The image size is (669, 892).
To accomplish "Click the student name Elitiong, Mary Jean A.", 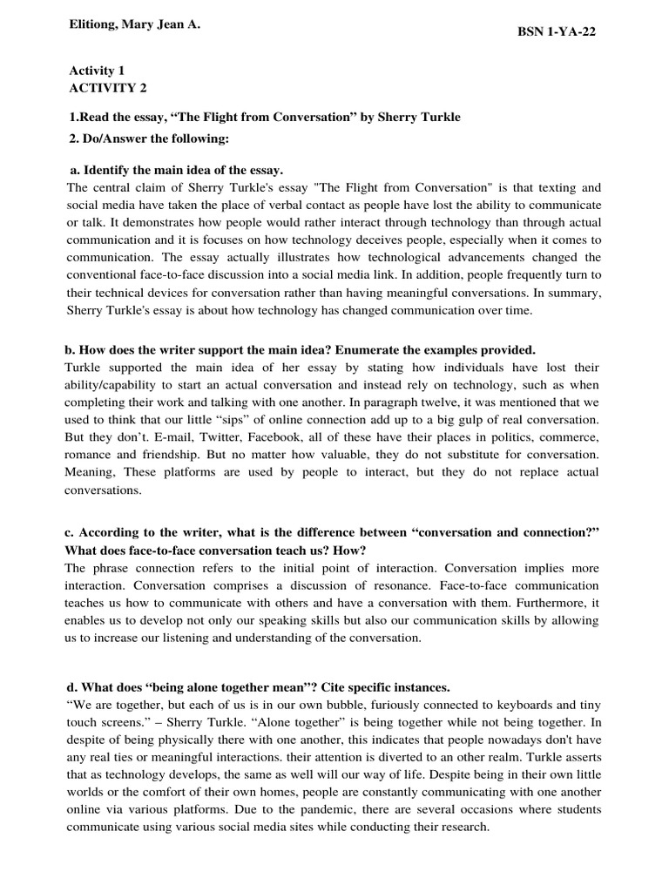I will coord(134,26).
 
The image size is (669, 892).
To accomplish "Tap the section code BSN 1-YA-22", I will coord(557,32).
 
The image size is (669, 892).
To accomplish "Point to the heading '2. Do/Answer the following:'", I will coord(149,139).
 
